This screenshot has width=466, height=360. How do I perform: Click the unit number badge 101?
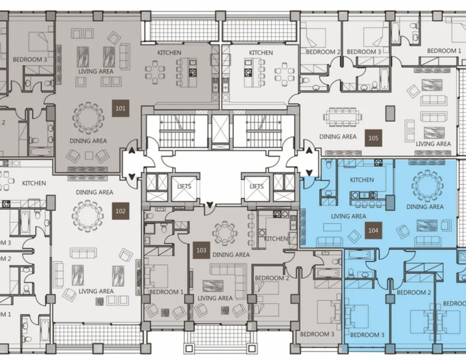click(x=120, y=108)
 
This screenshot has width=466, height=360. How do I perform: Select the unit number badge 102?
click(x=120, y=211)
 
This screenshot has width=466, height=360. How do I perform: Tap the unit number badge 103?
click(x=201, y=250)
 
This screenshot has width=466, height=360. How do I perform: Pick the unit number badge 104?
click(x=373, y=230)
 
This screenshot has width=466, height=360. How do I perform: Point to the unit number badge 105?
click(x=373, y=138)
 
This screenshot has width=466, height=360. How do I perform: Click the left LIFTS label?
click(x=184, y=186)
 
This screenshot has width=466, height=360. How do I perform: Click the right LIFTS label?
click(x=256, y=186)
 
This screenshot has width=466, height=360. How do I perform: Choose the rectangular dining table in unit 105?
click(x=343, y=117)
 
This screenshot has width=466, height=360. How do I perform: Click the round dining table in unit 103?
click(x=225, y=233)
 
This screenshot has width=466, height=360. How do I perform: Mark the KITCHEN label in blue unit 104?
click(x=362, y=180)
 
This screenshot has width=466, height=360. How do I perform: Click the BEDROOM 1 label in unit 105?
click(x=444, y=51)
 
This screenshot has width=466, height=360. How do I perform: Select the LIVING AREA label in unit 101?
click(x=96, y=71)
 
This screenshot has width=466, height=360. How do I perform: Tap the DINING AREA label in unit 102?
click(x=94, y=192)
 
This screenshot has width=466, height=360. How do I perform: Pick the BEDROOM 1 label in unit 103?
click(x=166, y=292)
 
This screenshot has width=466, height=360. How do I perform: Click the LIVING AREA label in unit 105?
click(x=433, y=144)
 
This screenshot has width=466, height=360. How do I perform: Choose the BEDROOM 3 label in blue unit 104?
click(x=367, y=335)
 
